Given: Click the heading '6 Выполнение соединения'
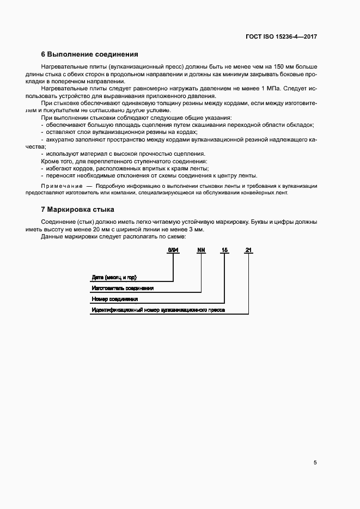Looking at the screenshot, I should point(90,54).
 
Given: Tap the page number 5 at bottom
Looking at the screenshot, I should point(315,463).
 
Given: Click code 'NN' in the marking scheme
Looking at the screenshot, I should point(201,250).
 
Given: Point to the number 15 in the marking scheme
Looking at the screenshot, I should point(224,250).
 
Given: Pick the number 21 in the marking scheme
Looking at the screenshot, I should point(248,250).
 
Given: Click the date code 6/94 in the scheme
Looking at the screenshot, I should point(173,250).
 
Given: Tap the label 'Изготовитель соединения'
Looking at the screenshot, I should point(123,288).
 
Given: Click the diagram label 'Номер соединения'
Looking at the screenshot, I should point(115,299).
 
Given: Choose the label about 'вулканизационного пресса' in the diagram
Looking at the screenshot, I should point(158,310).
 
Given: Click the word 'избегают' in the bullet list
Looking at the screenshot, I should point(59,169).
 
